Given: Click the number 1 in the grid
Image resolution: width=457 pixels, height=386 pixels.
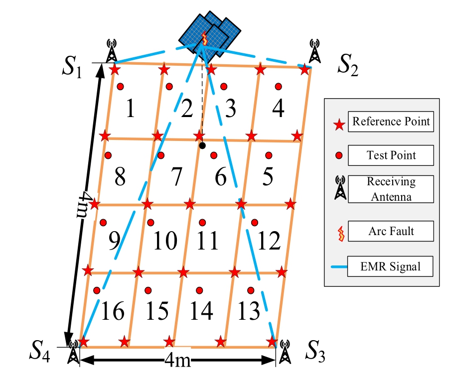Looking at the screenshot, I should pos(130,109).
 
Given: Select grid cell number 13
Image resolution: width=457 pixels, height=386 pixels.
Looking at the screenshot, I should pos(248,311).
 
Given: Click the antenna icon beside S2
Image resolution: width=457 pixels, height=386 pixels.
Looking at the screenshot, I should pos(314,50).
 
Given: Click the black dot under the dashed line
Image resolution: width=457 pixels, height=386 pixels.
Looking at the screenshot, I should pos(202,146).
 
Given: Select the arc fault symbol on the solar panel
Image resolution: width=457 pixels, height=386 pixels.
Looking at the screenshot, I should pos(204,38).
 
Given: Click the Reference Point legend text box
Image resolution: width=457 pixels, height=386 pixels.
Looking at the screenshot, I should pos(390,121).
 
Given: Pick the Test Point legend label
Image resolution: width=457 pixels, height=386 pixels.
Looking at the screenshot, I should pos(391,156).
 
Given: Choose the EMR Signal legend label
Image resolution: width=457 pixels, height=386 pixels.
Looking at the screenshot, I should pos(391,266).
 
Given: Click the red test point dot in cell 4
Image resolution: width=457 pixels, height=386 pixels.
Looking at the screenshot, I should pos(278,87).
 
